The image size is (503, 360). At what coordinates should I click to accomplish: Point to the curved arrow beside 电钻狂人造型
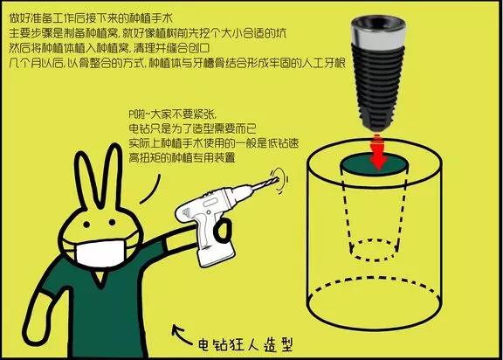pyautogui.click(x=179, y=333)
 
